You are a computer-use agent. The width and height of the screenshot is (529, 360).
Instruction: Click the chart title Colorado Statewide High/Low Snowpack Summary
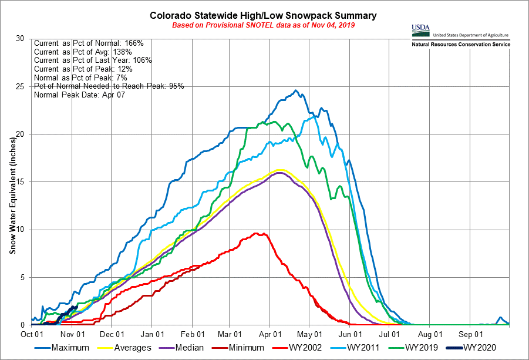pos(264,15)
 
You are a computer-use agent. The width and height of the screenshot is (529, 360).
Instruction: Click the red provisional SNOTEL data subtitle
pos(264,25)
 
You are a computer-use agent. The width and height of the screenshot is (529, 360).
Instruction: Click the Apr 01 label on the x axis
pos(269,334)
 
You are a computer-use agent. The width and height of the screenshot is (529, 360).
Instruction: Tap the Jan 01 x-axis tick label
pos(151,334)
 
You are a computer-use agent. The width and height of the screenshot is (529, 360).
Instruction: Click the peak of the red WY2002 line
pos(256,233)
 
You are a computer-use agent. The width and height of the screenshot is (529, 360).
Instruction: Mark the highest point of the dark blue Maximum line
pos(295,90)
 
